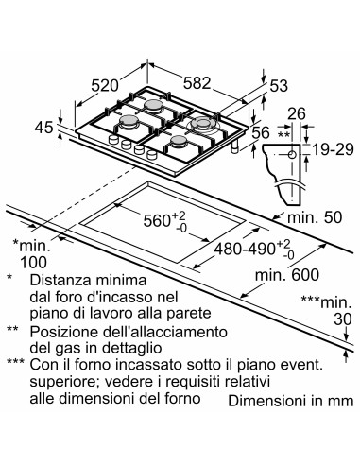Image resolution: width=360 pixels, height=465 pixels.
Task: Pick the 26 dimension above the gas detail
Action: pos(298,113)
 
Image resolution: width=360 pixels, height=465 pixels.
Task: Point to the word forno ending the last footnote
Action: pos(180,398)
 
